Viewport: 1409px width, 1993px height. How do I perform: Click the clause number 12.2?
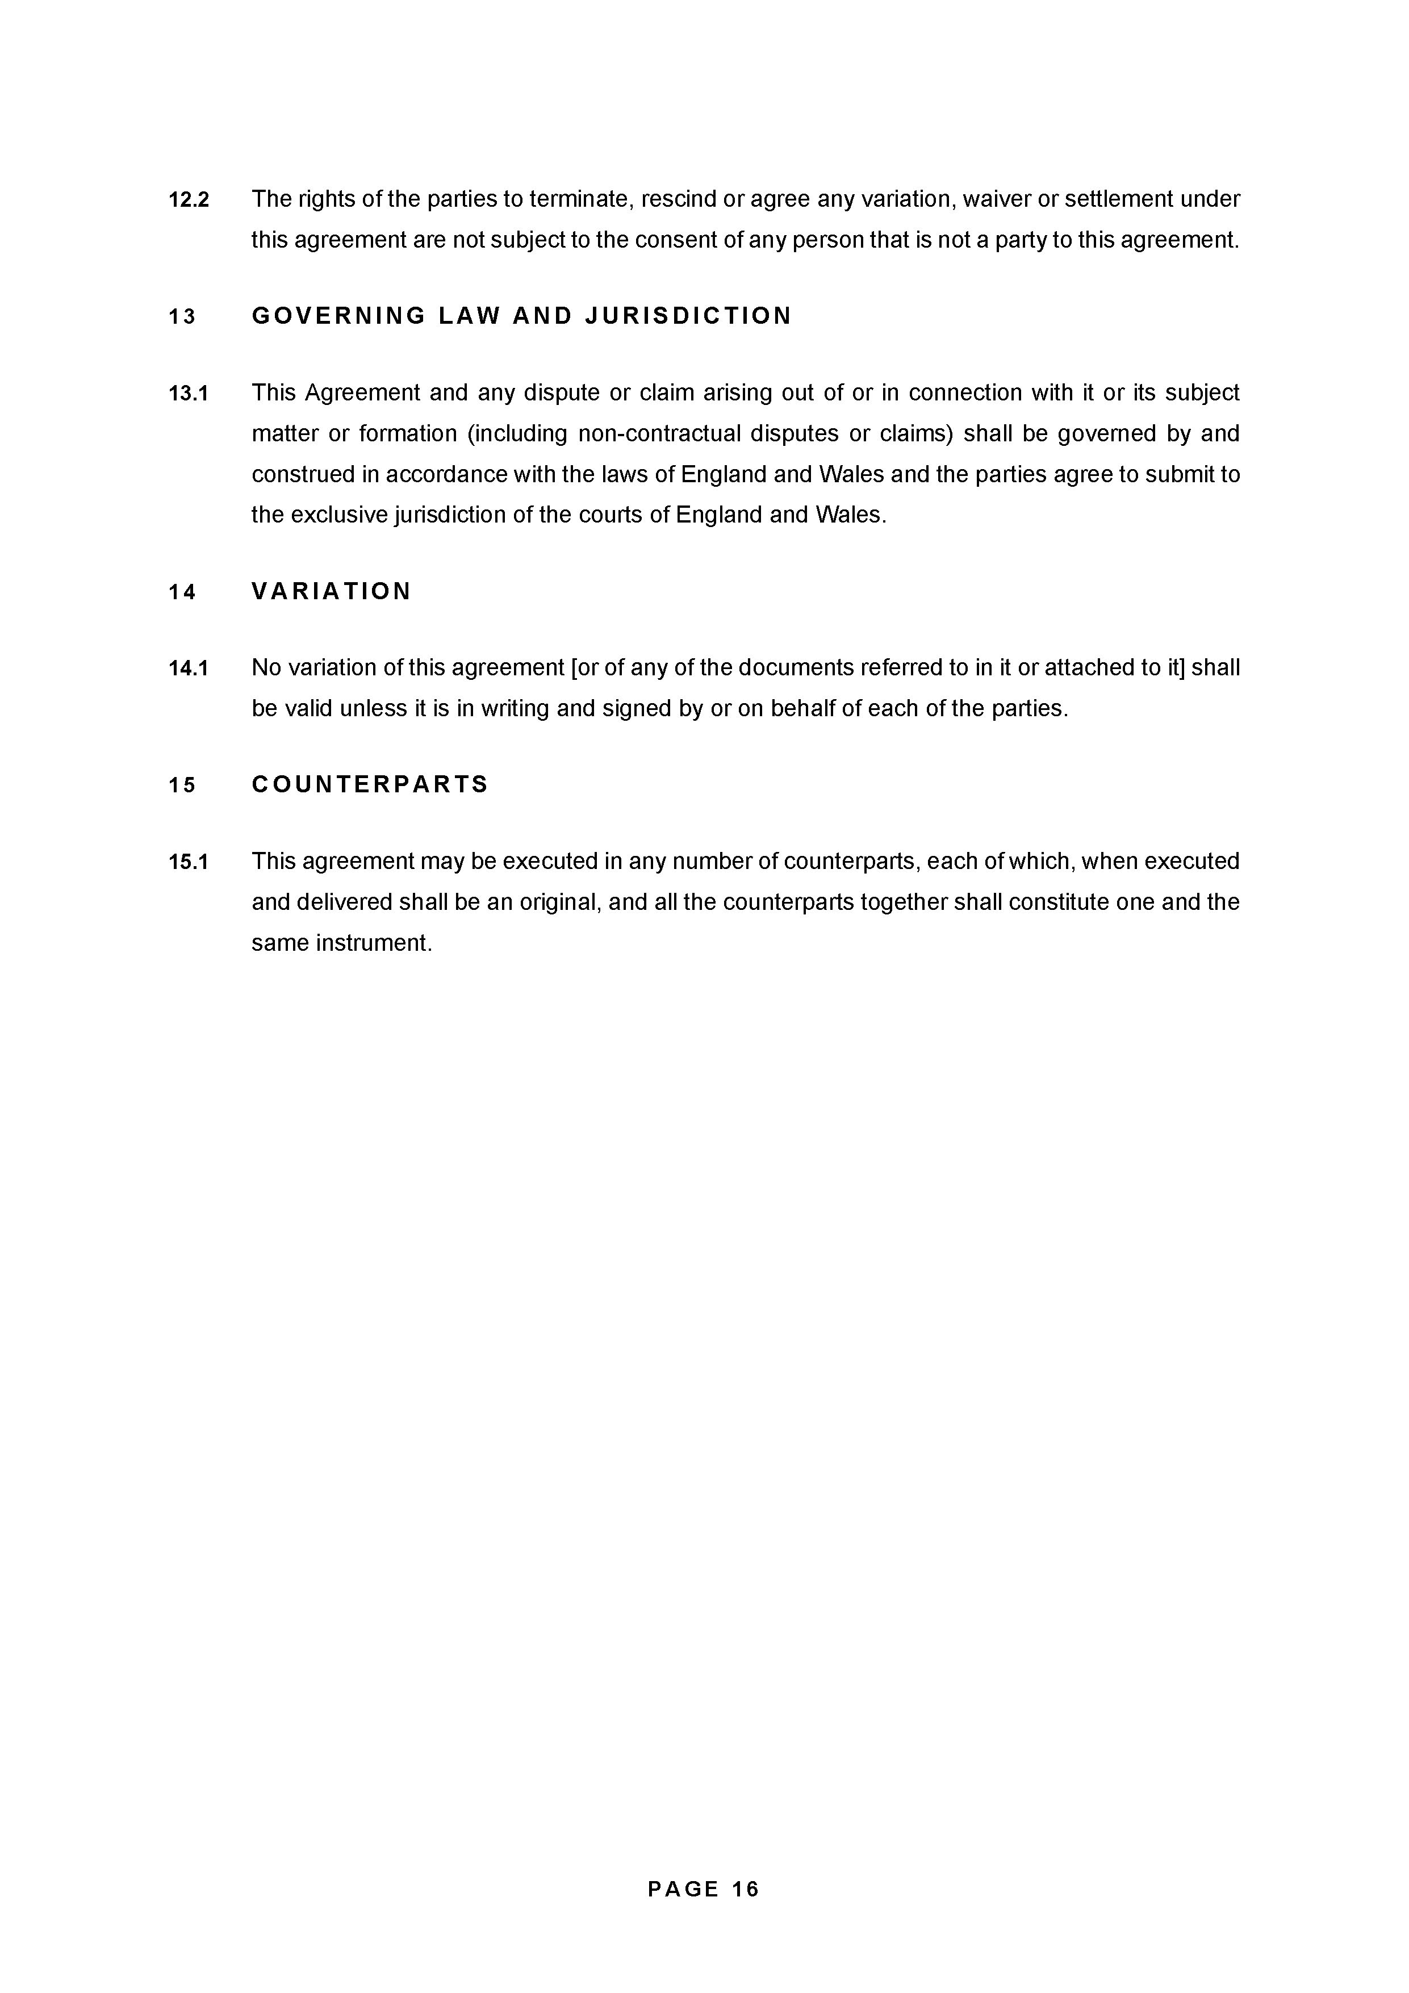tap(189, 200)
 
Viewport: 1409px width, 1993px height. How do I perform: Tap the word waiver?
tap(996, 200)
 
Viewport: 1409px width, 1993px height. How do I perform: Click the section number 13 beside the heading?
tap(182, 317)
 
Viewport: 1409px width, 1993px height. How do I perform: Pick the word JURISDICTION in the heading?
tap(688, 316)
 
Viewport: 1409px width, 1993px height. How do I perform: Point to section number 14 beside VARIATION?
tap(182, 593)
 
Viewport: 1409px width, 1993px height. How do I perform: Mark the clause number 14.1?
tap(189, 668)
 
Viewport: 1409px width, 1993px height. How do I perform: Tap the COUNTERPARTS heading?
tap(370, 785)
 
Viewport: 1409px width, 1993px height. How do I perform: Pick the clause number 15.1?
tap(189, 862)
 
